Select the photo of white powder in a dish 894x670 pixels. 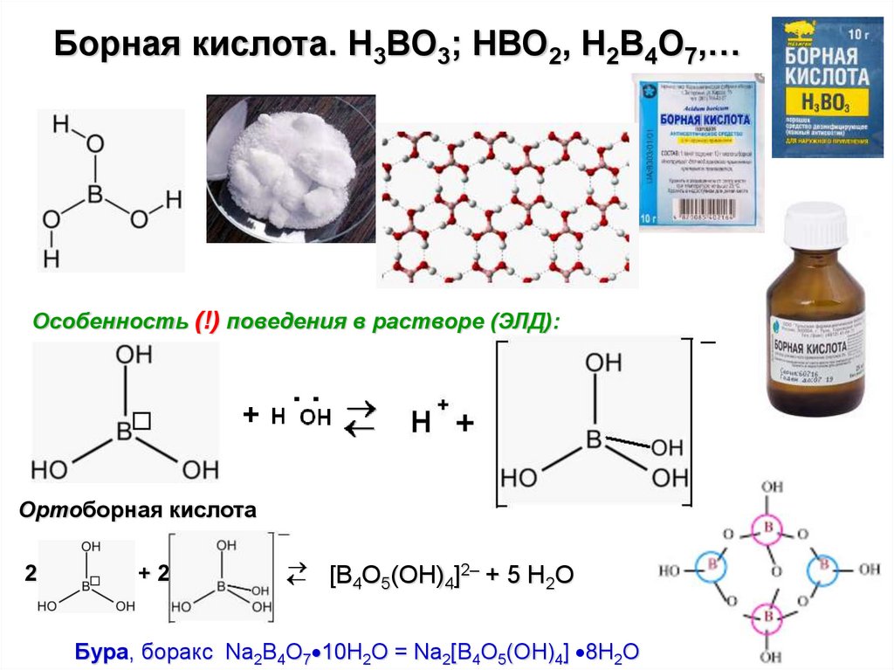pyautogui.click(x=291, y=169)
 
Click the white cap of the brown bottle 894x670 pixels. pyautogui.click(x=815, y=226)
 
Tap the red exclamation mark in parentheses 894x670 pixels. pyautogui.click(x=208, y=321)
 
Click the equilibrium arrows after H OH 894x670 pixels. pyautogui.click(x=359, y=418)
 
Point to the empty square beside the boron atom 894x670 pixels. pyautogui.click(x=143, y=422)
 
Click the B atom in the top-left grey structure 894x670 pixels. pyautogui.click(x=95, y=191)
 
